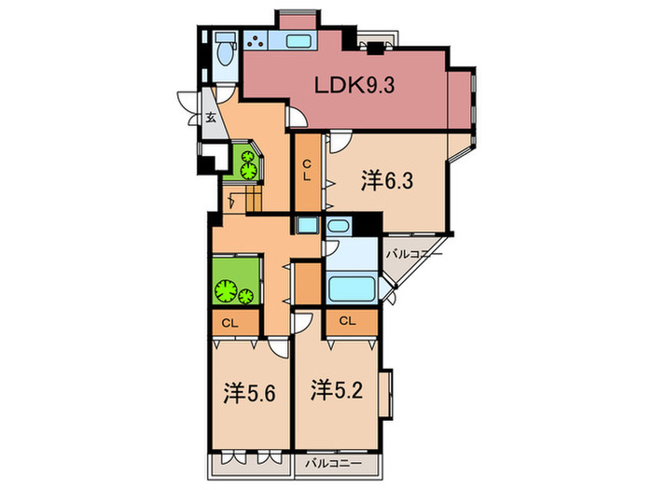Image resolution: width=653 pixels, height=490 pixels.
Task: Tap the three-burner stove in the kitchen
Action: (x=255, y=41)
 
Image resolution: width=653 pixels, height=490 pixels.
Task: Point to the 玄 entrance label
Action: (x=212, y=118)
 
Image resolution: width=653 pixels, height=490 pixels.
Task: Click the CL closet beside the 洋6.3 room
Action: (x=306, y=172)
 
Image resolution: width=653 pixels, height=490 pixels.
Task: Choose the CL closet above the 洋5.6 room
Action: (x=229, y=323)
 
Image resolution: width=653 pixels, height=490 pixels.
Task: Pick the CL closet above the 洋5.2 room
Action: (x=347, y=322)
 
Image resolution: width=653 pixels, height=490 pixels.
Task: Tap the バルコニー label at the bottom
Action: (x=332, y=462)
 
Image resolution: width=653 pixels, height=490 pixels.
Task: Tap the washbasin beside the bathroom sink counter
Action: (x=338, y=228)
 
